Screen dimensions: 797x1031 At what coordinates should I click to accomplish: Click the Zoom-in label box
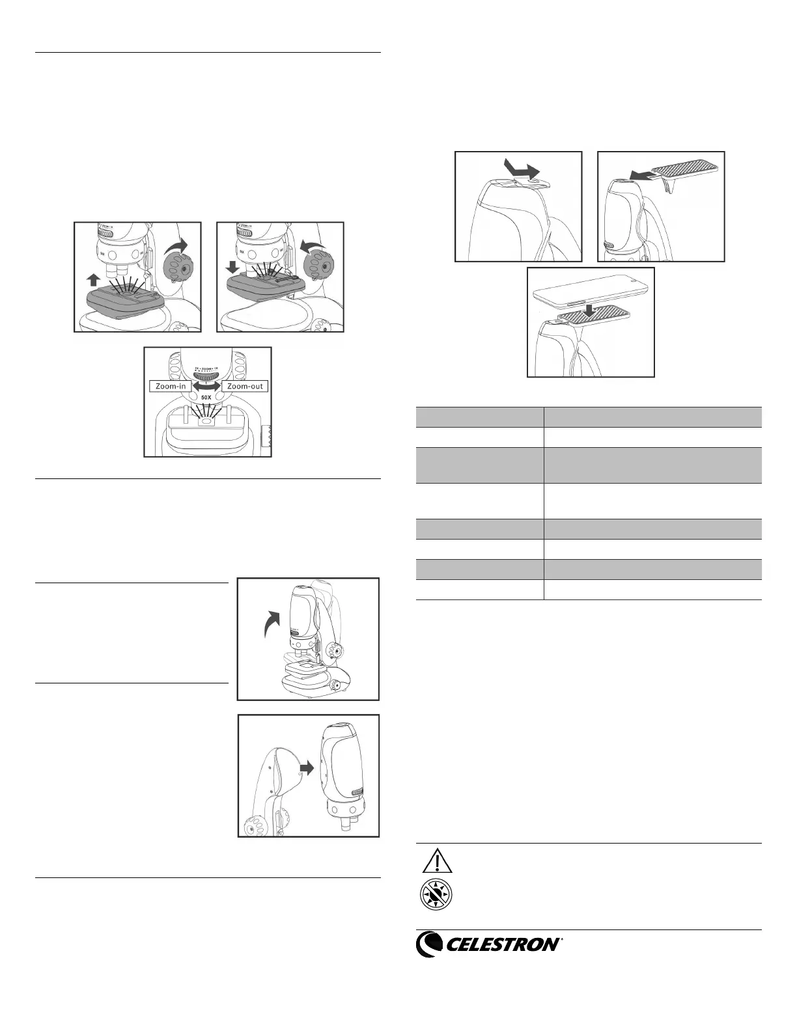click(x=171, y=386)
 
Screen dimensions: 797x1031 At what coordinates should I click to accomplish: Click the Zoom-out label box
click(x=245, y=386)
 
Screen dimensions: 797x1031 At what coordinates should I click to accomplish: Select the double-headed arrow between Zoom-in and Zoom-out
click(x=208, y=386)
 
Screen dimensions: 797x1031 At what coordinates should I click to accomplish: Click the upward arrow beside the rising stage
click(x=93, y=281)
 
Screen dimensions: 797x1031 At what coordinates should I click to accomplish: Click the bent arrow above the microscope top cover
click(x=522, y=171)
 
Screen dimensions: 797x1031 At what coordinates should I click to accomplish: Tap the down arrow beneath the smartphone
click(x=589, y=311)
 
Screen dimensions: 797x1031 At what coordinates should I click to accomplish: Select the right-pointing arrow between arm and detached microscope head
click(x=305, y=768)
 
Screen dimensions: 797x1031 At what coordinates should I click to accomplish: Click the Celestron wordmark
click(x=502, y=944)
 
